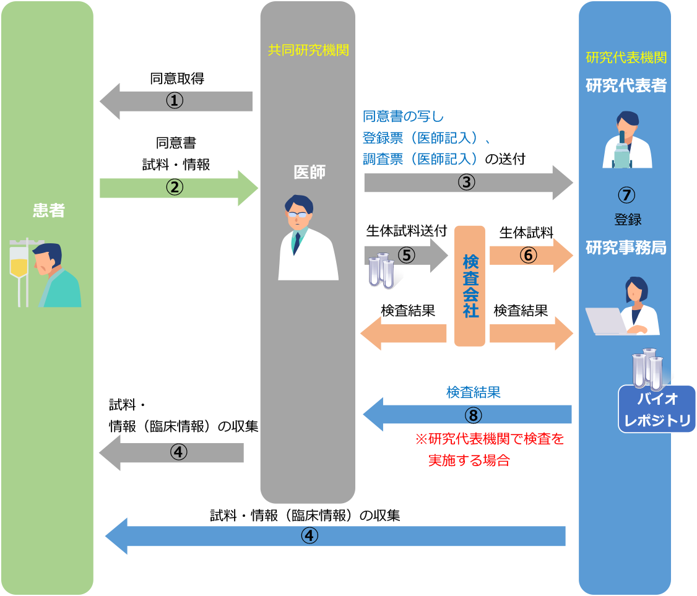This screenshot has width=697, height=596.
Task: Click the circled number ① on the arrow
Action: click(x=175, y=101)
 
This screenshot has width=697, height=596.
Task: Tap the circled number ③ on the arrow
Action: click(x=466, y=183)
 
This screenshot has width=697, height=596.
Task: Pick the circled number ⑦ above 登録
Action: click(x=626, y=195)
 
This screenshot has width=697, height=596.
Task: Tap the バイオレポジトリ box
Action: click(x=657, y=409)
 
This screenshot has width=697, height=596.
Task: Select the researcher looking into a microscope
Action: click(x=626, y=140)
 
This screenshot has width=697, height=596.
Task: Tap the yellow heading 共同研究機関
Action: click(x=308, y=51)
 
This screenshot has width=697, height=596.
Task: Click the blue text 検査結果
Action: click(x=474, y=392)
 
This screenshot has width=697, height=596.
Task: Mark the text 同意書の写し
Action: click(x=404, y=116)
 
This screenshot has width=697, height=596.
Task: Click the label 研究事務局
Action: click(x=626, y=248)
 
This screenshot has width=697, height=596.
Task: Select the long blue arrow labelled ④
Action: click(x=335, y=536)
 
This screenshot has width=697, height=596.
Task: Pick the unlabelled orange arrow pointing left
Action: click(x=403, y=334)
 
